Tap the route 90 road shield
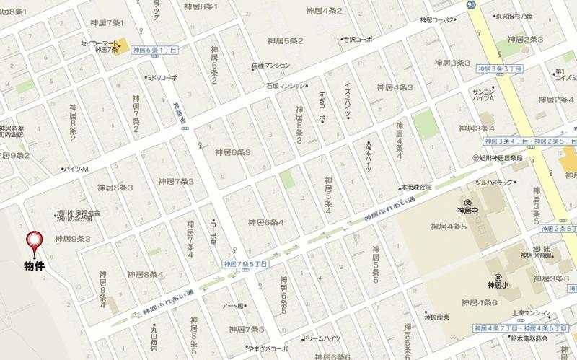coord(470,4)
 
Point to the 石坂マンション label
coord(283,86)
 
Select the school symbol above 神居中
coord(468,203)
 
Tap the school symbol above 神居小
coord(498,277)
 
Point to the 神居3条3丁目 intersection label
coord(498,68)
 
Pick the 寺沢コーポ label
coord(357,40)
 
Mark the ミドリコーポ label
coord(162,77)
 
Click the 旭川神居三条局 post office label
coord(505,158)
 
